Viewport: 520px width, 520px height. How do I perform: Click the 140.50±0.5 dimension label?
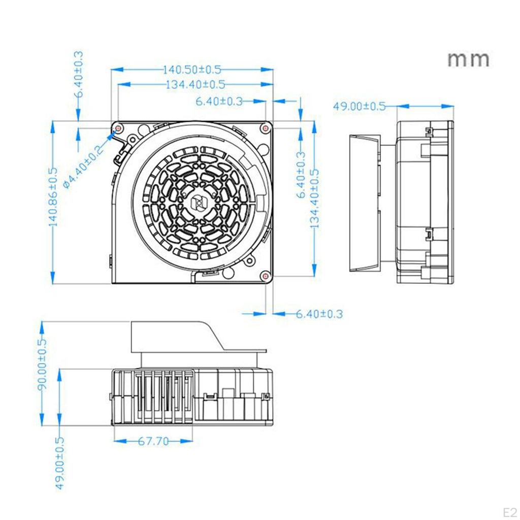192,69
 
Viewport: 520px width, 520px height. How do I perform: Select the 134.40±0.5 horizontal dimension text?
195,84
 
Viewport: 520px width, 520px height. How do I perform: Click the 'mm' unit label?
468,59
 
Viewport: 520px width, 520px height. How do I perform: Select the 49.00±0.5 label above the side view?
359,106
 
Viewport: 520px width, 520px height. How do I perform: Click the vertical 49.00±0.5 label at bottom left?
60,463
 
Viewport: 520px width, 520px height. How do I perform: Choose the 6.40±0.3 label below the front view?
319,314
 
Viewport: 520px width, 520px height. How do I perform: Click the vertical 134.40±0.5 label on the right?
314,198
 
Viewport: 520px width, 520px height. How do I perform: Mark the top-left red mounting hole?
118,127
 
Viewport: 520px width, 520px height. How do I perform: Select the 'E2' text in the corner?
509,510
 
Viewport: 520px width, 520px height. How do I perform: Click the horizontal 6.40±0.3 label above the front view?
219,102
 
